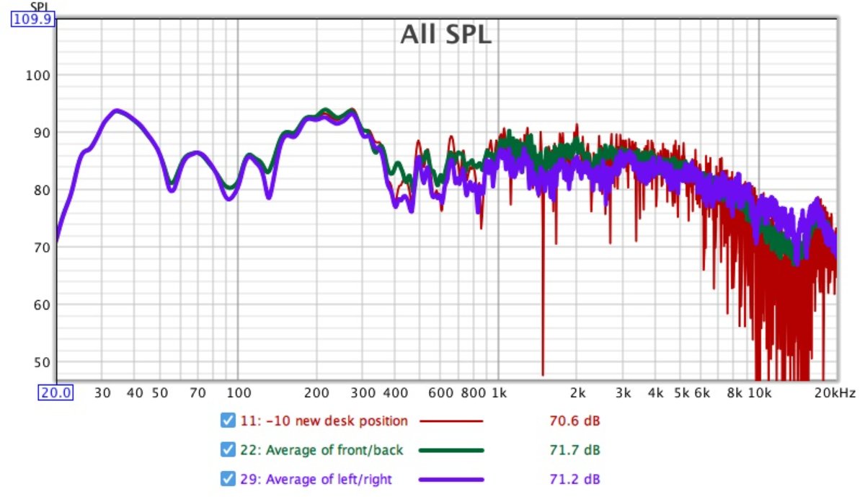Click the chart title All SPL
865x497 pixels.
445,34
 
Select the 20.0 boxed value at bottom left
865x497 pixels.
56,392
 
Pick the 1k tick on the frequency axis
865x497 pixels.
498,393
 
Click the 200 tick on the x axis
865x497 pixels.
316,393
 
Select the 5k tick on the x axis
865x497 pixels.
682,393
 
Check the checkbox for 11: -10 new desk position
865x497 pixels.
228,421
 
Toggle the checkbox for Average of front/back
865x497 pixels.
228,450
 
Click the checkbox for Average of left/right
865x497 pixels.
228,479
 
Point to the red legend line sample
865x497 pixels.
451,421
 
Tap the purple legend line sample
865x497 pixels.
451,479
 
